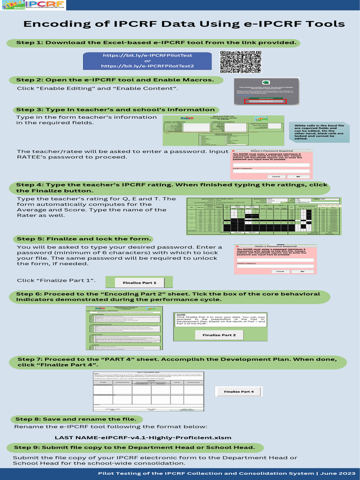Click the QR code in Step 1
pyautogui.click(x=240, y=62)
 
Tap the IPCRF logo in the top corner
pyautogui.click(x=33, y=6)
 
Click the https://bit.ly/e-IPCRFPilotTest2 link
pyautogui.click(x=147, y=66)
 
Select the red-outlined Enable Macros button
pyautogui.click(x=265, y=101)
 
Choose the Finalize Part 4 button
pyautogui.click(x=239, y=391)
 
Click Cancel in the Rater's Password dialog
pyautogui.click(x=279, y=271)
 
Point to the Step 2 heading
pyautogui.click(x=115, y=80)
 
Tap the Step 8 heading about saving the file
pyautogui.click(x=76, y=419)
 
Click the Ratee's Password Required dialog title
pyautogui.click(x=272, y=151)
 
